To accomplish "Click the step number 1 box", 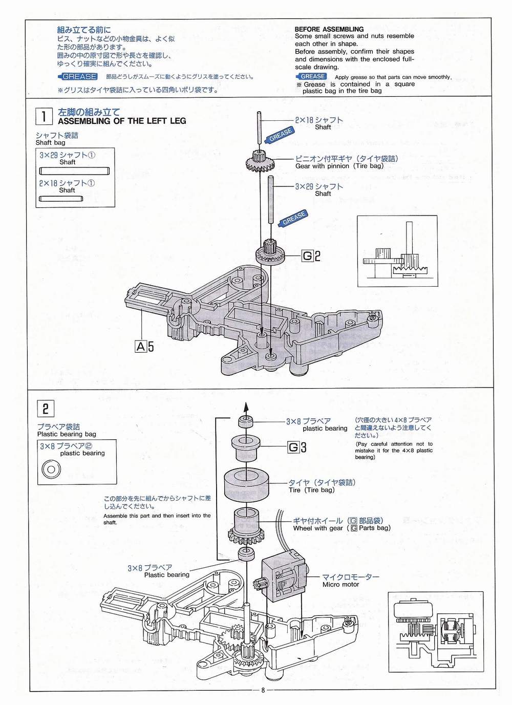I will (44, 116).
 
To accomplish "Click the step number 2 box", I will (46, 409).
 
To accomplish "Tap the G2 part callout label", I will (311, 256).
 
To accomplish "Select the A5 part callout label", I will (144, 347).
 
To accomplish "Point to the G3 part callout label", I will (297, 447).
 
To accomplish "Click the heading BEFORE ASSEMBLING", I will (329, 29).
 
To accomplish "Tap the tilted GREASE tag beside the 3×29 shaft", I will (294, 218).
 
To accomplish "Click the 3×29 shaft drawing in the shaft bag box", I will (74, 171).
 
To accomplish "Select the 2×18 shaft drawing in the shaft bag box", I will (61, 199).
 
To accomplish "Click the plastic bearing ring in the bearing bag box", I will (51, 469).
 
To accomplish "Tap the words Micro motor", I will (340, 585).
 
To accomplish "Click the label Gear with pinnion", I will (323, 166).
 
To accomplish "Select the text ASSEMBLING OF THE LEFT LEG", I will (122, 121).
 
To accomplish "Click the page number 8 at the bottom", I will (263, 690).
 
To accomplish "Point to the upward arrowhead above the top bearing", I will (245, 408).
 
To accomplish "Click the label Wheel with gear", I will (318, 528).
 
